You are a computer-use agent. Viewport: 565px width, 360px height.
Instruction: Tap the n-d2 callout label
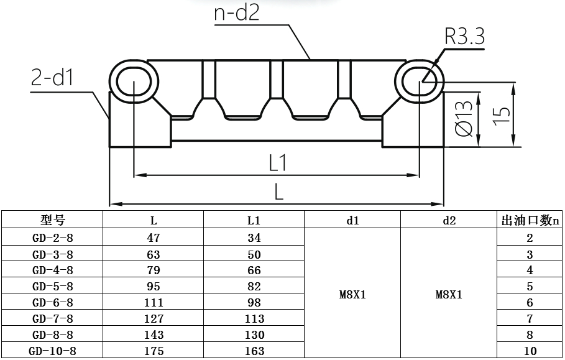(x=236, y=13)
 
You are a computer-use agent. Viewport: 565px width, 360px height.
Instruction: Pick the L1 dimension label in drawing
(x=277, y=163)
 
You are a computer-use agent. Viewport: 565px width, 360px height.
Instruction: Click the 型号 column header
(x=52, y=220)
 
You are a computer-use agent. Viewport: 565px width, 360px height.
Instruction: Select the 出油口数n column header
(x=530, y=220)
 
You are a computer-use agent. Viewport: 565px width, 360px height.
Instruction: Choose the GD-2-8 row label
(x=52, y=238)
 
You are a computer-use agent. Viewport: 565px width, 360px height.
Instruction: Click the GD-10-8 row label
(x=52, y=351)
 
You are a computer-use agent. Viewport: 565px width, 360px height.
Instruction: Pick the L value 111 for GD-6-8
(x=154, y=303)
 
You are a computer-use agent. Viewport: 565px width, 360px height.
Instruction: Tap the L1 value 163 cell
(x=254, y=351)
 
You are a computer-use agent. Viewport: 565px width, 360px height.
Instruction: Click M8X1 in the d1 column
(x=352, y=295)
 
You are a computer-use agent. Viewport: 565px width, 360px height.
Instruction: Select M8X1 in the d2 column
(x=449, y=295)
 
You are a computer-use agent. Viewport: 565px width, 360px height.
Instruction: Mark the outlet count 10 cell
(x=530, y=351)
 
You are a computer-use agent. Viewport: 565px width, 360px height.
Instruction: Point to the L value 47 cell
(x=154, y=238)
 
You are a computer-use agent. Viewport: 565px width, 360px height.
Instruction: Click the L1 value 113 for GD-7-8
(x=254, y=319)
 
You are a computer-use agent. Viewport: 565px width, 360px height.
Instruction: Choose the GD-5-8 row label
(x=52, y=287)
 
